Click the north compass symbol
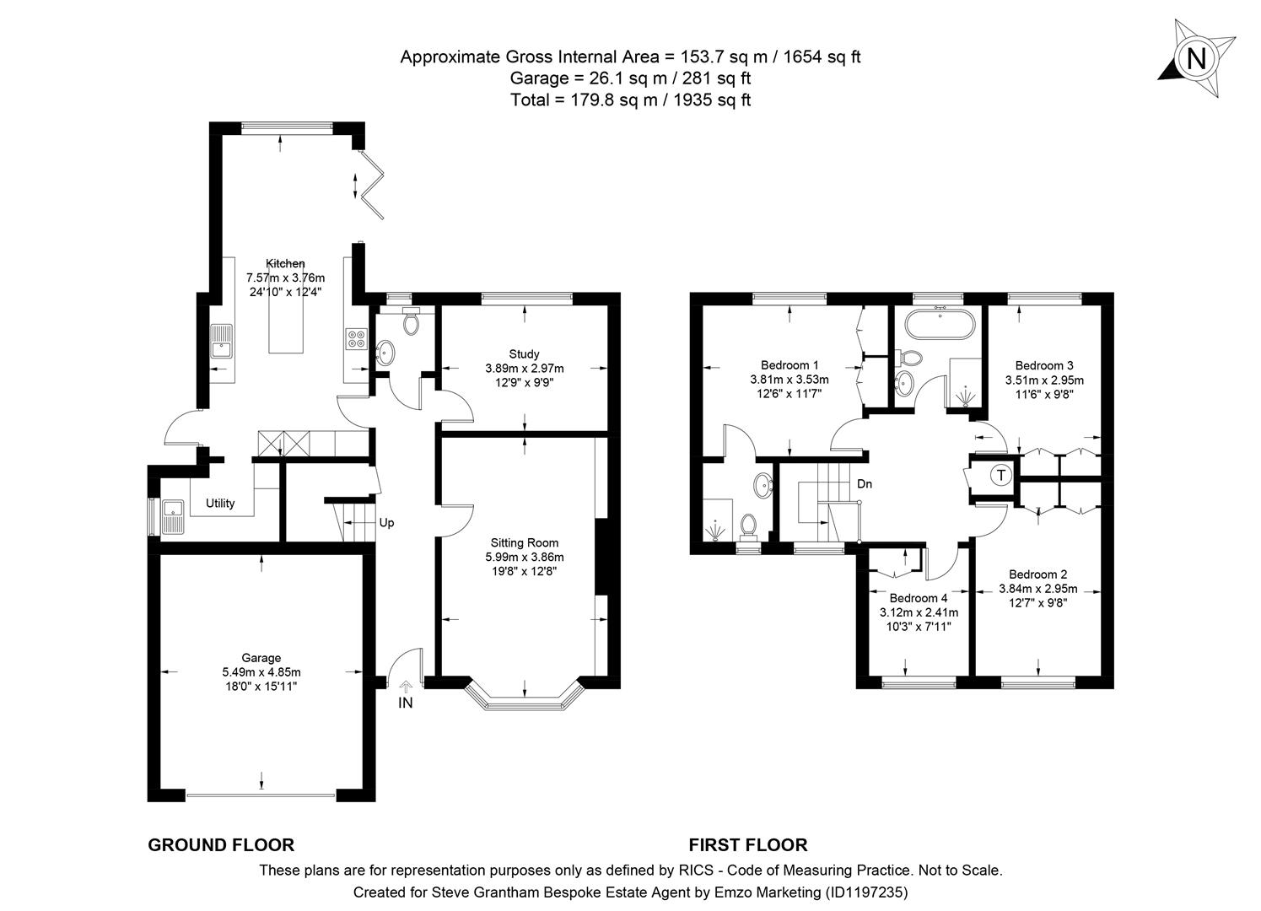point(1194,58)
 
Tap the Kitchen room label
point(285,263)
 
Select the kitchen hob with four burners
point(355,338)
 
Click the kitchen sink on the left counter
point(222,341)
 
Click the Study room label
point(524,353)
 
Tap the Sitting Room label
point(524,542)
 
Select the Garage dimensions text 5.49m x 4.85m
point(261,672)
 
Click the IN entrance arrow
point(406,687)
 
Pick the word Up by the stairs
point(386,523)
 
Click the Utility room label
point(220,504)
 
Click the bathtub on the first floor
point(938,323)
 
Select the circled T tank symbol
point(1000,475)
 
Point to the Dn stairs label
point(865,484)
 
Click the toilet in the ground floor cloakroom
point(412,321)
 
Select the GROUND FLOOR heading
point(221,845)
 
